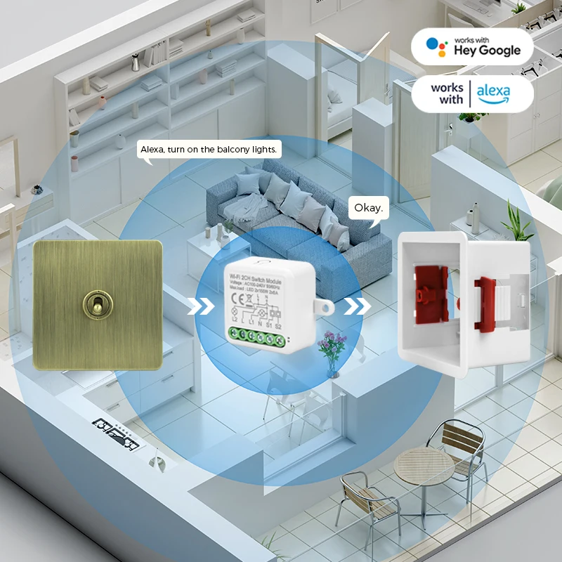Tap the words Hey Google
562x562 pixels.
[x=488, y=51]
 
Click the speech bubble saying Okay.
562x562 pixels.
[x=368, y=208]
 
